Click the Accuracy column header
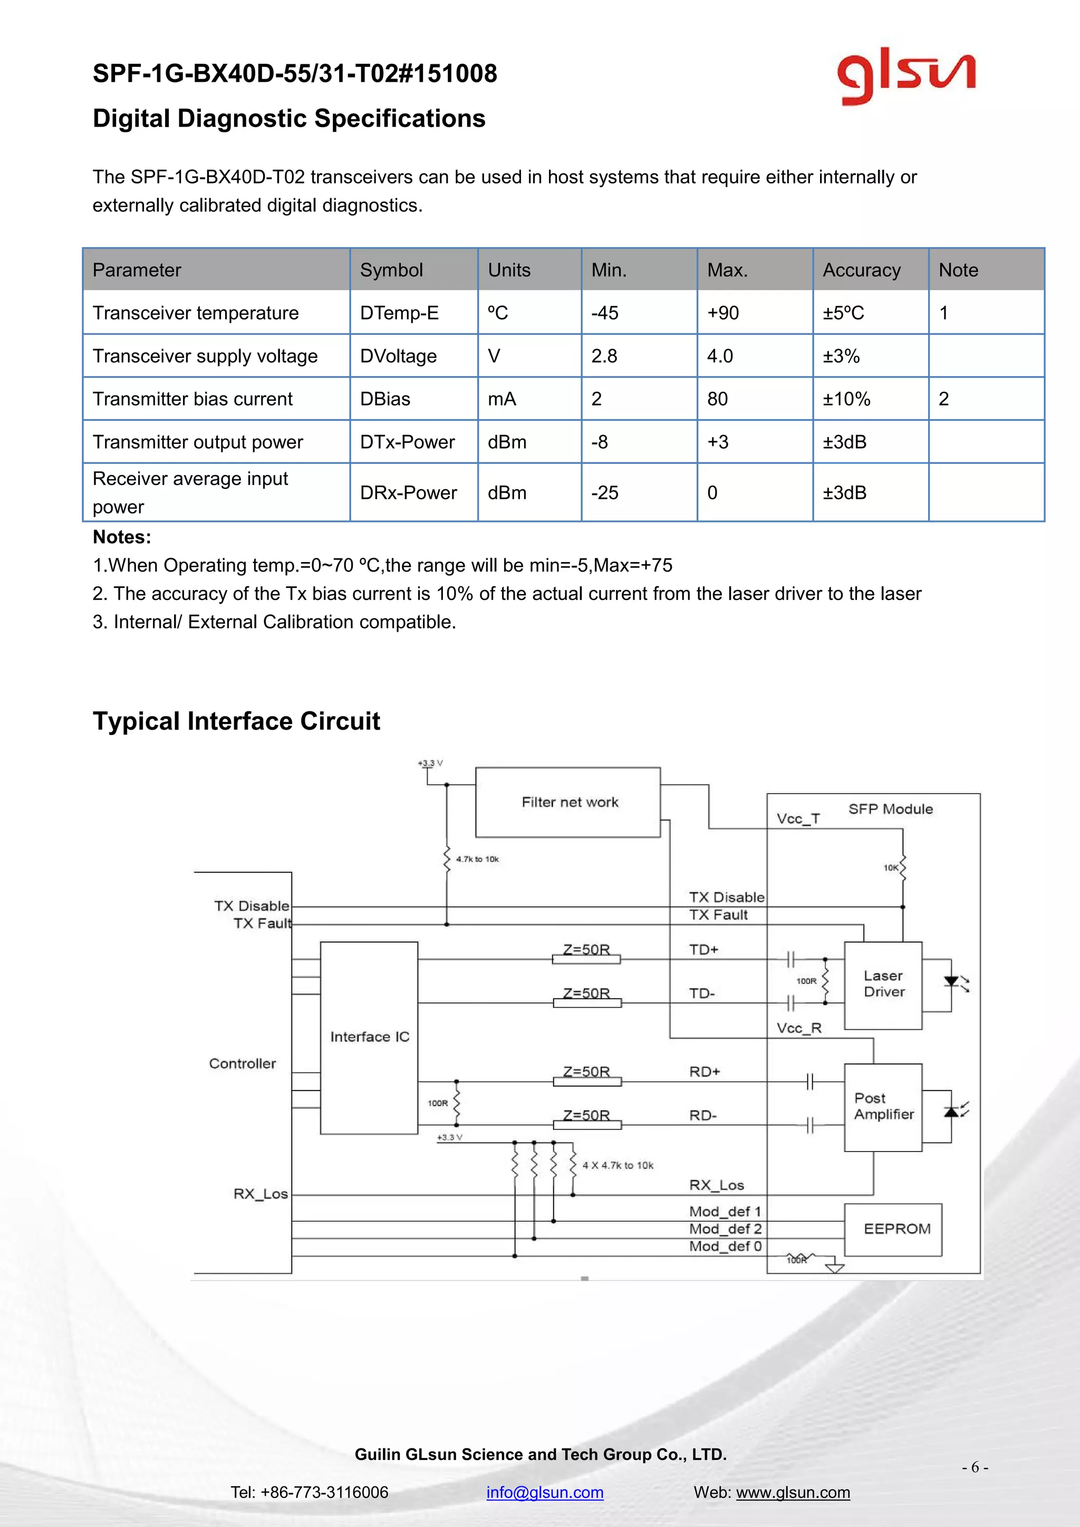[861, 270]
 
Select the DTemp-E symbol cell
[399, 313]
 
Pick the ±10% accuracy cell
[846, 399]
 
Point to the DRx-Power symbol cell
[408, 493]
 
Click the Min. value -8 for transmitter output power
[599, 442]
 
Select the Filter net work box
[568, 802]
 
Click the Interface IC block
[369, 1037]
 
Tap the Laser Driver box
[883, 984]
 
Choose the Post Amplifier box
[883, 1106]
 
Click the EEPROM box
[896, 1229]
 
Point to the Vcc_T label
[798, 819]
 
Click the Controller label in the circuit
[242, 1064]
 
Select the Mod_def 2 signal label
[725, 1229]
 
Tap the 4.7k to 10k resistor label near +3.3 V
[477, 859]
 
